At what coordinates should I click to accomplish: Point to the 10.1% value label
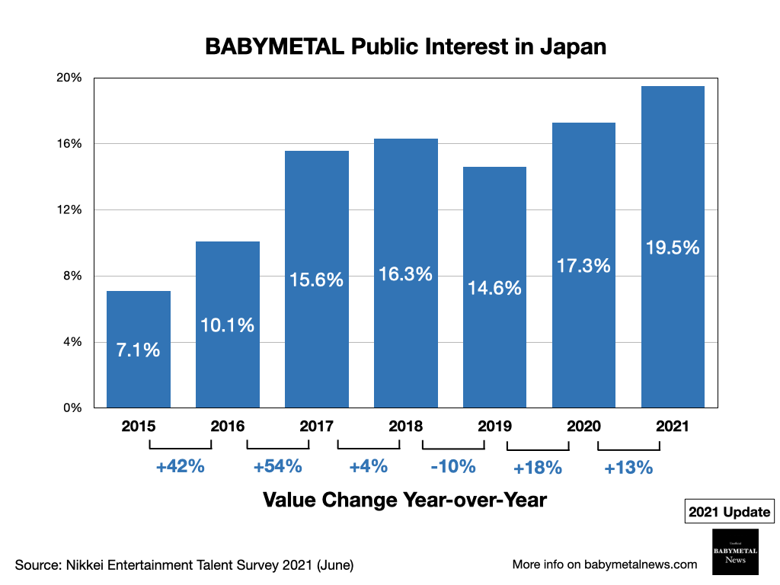coord(227,325)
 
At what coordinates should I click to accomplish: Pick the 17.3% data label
coord(583,266)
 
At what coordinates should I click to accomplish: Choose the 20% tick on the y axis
coord(70,78)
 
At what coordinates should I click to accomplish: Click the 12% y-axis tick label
coord(70,209)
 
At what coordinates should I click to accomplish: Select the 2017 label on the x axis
coord(316,427)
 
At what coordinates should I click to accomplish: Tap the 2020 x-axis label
coord(583,427)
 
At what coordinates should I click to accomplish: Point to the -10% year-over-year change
coord(452,466)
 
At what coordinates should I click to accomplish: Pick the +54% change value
coord(278,466)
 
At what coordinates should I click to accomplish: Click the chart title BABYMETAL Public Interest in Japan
coord(405,47)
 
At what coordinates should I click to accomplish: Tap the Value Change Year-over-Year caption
coord(404,500)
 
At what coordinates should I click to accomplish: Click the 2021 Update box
coord(730,513)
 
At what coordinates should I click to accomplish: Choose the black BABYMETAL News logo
coord(730,551)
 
